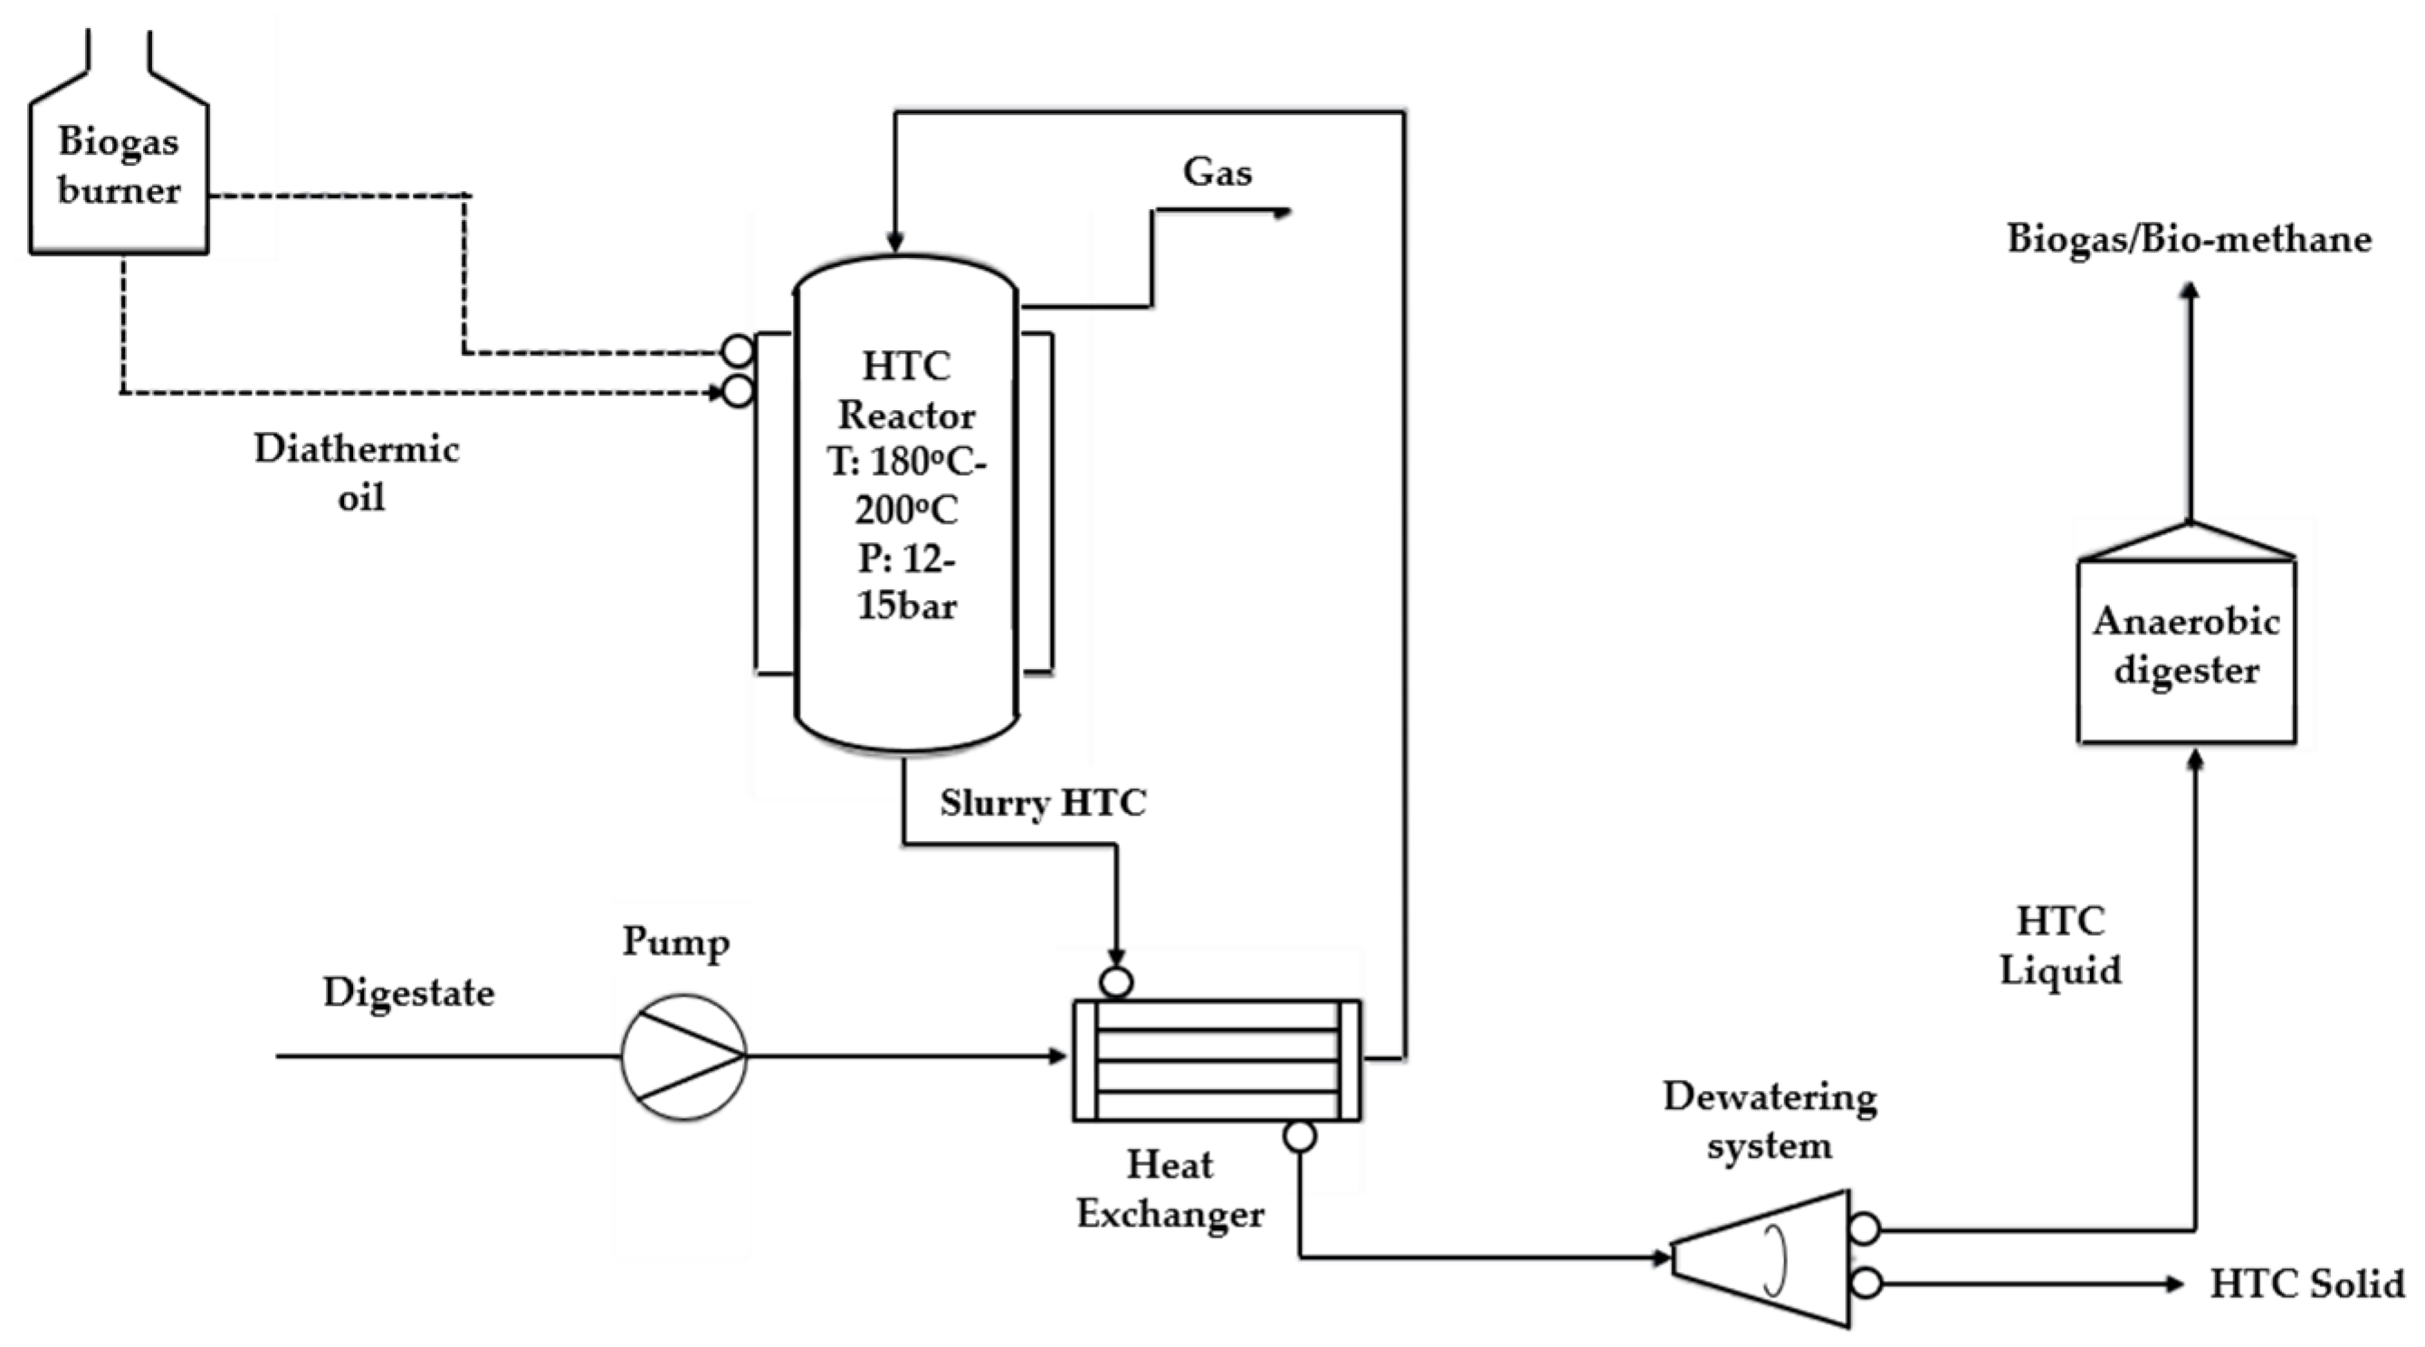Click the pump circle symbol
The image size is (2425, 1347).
[x=683, y=1056]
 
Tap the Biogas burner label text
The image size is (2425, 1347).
[x=119, y=166]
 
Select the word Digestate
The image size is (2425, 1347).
[x=408, y=993]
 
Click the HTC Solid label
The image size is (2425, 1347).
[x=2306, y=1284]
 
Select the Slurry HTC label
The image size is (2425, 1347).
[x=1043, y=803]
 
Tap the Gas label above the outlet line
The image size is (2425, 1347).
[x=1217, y=171]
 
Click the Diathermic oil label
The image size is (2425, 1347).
[x=358, y=473]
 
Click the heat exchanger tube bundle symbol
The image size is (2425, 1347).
[x=1217, y=1060]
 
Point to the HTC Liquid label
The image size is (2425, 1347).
[x=2059, y=945]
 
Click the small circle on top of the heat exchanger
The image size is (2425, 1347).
[x=1116, y=983]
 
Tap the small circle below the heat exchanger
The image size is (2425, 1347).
[x=1300, y=1137]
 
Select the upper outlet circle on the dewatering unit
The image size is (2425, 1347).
[x=1865, y=1228]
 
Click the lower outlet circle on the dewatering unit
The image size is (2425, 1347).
[x=1865, y=1283]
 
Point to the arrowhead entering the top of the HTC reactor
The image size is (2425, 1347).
[x=895, y=244]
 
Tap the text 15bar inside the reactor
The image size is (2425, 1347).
[x=907, y=606]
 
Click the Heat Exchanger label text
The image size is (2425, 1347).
[x=1170, y=1189]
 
